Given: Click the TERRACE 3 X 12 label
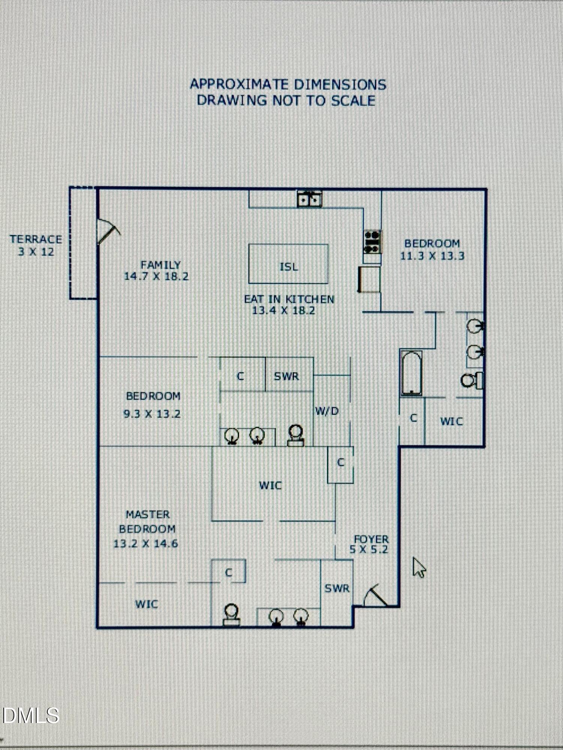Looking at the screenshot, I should pos(36,245).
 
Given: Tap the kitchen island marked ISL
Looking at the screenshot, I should pos(288,264).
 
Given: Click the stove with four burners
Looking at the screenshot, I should pos(372,241).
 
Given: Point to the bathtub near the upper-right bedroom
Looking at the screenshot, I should pos(411,373).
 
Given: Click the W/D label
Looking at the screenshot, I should pos(327,411).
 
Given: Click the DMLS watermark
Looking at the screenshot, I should pos(31,715).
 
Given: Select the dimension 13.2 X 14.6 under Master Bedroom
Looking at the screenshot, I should pos(146,543).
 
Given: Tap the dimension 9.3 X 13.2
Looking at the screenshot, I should pos(152,414).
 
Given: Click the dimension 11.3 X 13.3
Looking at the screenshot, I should pos(432,256).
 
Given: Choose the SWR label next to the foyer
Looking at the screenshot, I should pos(337,588).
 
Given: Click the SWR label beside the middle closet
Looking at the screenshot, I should pos(286,376).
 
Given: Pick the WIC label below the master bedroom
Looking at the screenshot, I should pos(146,604).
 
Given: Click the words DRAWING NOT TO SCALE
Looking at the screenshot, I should pos(286,100).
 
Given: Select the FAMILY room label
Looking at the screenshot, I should pos(161,265).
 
